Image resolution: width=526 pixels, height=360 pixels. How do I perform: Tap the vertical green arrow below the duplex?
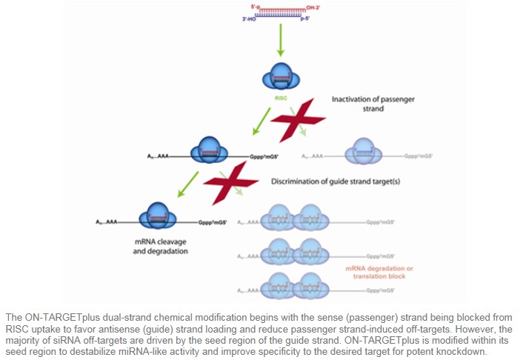pyautogui.click(x=280, y=44)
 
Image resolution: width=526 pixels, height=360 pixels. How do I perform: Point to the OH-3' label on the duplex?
pyautogui.click(x=317, y=10)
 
